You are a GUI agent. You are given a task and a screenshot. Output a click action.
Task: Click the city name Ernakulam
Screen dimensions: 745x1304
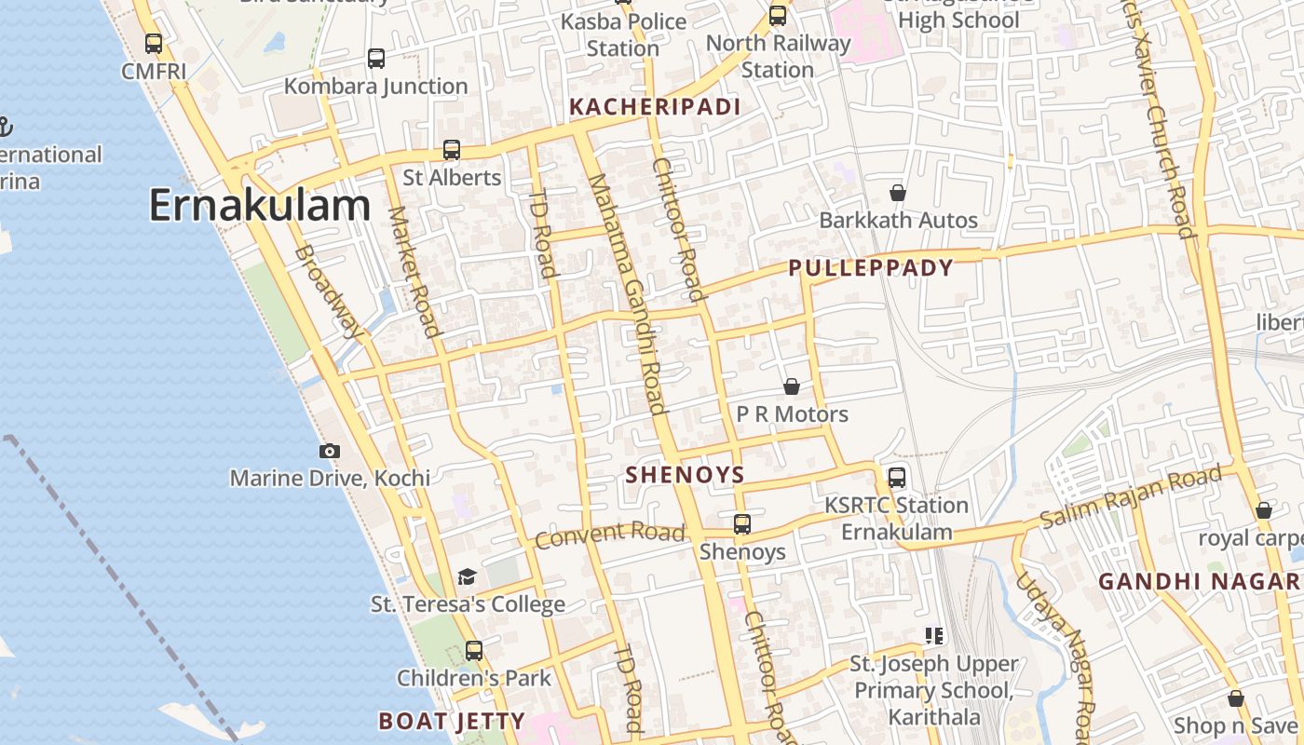click(260, 206)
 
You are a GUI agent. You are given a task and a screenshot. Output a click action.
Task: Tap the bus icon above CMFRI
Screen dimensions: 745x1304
click(154, 43)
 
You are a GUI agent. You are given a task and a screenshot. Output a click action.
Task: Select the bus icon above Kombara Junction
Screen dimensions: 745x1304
click(376, 58)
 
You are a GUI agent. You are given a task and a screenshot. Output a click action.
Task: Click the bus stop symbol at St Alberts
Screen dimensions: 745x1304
click(452, 149)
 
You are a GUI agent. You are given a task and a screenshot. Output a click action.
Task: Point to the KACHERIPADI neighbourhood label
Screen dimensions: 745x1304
click(655, 107)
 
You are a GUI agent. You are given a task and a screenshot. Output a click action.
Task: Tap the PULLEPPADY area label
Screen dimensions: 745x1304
click(871, 268)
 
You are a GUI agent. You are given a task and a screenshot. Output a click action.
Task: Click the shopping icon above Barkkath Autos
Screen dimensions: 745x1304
click(898, 193)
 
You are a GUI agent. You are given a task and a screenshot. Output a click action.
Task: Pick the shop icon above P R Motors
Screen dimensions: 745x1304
click(792, 386)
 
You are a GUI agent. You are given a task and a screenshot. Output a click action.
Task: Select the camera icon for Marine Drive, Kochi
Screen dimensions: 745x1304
click(330, 452)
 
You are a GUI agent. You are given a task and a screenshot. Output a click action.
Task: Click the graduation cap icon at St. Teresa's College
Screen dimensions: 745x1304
click(467, 577)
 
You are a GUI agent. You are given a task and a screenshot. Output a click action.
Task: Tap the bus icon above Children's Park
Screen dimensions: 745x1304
click(474, 650)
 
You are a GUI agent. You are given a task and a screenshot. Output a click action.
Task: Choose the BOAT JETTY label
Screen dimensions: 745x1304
click(452, 721)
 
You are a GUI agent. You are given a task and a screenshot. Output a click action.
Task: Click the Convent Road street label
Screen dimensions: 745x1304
click(610, 535)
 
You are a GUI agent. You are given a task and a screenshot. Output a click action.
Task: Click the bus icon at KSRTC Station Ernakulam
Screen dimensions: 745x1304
click(897, 478)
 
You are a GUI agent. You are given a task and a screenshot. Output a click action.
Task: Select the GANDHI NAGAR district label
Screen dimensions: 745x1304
click(1199, 582)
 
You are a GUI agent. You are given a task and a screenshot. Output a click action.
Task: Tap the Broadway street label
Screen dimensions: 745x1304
click(328, 291)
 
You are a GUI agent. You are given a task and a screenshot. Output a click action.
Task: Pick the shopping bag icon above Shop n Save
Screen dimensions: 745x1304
click(1236, 698)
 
